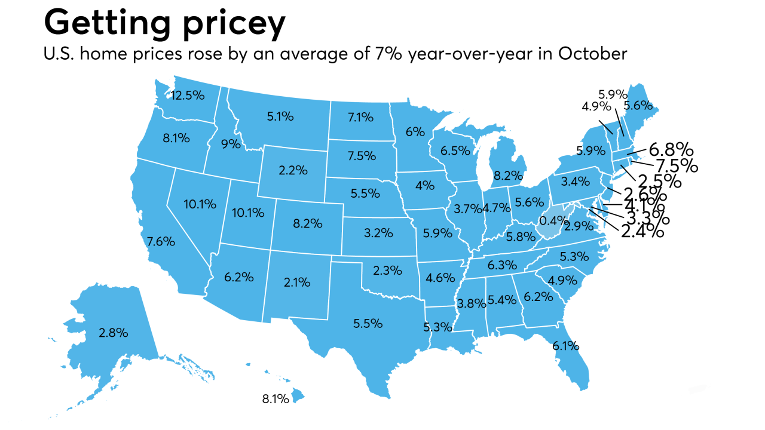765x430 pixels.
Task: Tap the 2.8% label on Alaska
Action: coord(114,333)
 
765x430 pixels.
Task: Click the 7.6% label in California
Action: coord(161,242)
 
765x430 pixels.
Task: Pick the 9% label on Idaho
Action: coord(231,144)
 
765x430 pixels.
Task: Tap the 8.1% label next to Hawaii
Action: coord(276,398)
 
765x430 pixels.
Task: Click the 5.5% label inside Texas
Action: coord(368,323)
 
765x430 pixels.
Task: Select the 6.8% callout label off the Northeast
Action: coord(671,149)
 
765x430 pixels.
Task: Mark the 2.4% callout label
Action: coord(643,231)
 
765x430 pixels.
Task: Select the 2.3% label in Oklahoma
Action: coord(387,271)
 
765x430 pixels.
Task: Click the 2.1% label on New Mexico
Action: coord(296,281)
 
